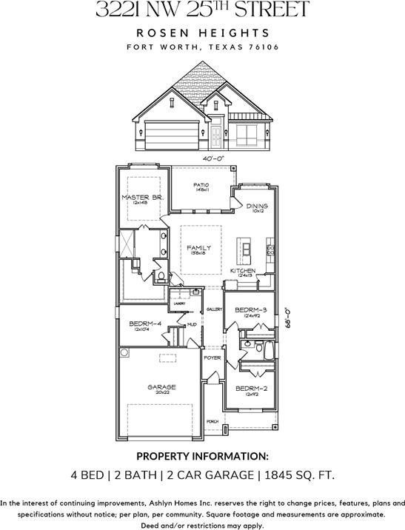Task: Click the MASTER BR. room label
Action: (x=142, y=197)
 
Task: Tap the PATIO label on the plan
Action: (x=201, y=185)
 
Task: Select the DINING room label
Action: (x=257, y=207)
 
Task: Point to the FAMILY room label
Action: (x=198, y=248)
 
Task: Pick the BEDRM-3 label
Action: (x=250, y=309)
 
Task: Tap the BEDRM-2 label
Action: (x=251, y=389)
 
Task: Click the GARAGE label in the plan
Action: (x=161, y=386)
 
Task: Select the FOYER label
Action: (x=212, y=358)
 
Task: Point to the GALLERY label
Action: (x=215, y=309)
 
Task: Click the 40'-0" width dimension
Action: (x=214, y=158)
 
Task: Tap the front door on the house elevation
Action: (x=216, y=135)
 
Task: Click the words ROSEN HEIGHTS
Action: (x=202, y=33)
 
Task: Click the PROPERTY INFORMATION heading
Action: (x=202, y=456)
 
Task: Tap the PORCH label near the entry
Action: (x=212, y=421)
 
